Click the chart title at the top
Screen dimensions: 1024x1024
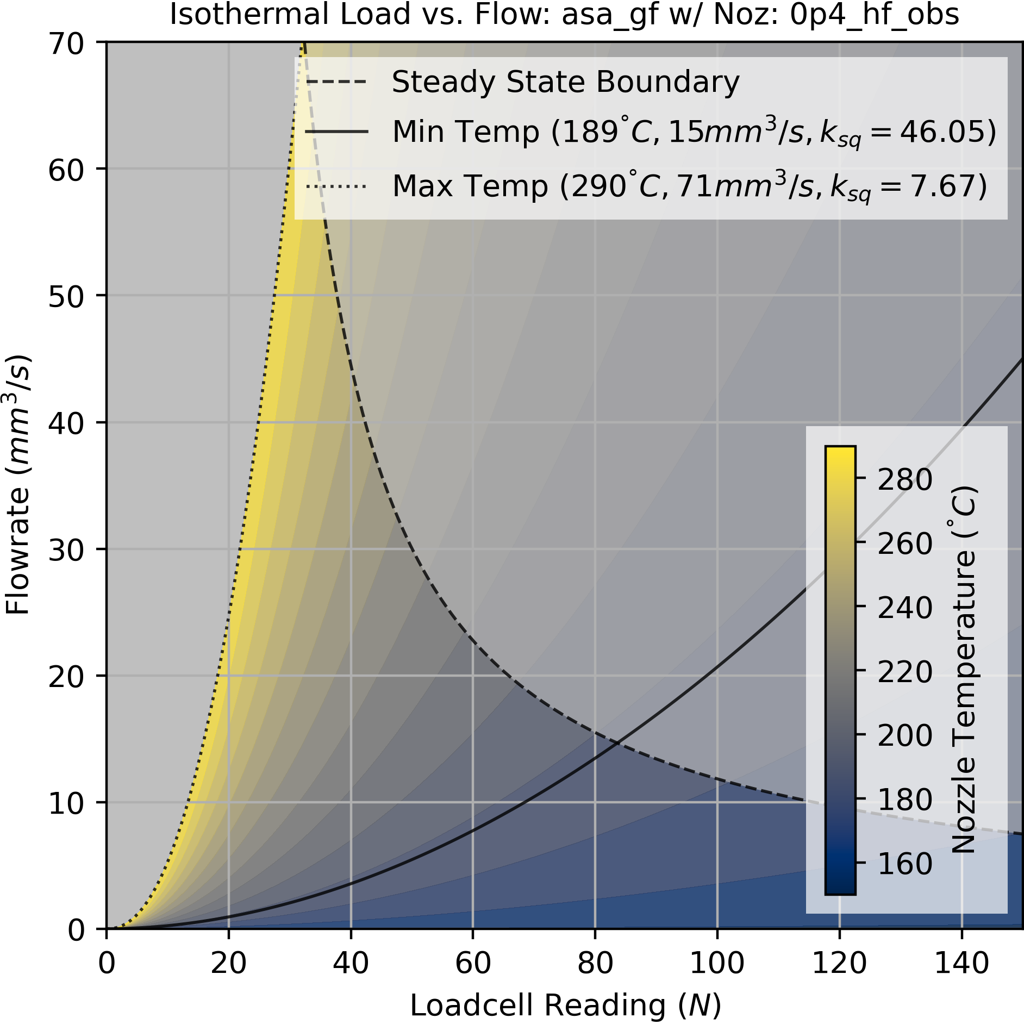(564, 15)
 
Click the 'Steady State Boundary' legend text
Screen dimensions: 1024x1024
(565, 83)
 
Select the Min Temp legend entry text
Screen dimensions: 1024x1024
(694, 132)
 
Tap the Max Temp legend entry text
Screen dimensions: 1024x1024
(689, 186)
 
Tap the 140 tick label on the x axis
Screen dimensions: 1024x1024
(961, 963)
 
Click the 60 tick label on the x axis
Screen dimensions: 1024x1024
(472, 963)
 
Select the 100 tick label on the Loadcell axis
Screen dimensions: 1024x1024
(716, 963)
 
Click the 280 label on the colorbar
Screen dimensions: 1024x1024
(904, 480)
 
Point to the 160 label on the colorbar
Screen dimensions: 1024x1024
(904, 864)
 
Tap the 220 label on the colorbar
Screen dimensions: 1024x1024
(904, 672)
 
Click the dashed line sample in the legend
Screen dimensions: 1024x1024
(336, 83)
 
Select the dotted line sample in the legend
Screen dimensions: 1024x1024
(336, 186)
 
